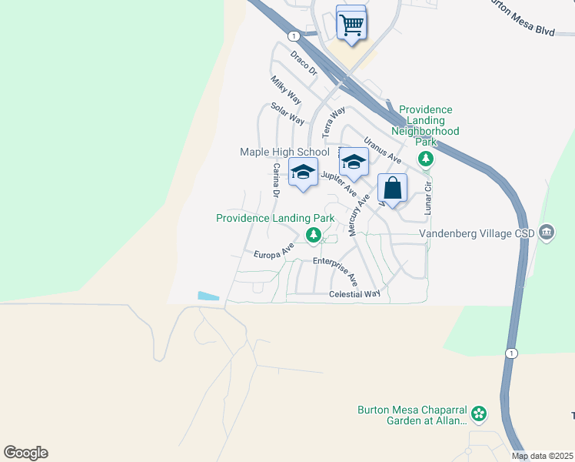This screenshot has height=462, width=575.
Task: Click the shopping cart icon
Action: point(351,24)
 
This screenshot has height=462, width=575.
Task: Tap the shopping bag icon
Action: point(392,189)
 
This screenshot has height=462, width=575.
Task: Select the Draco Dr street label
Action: point(304,62)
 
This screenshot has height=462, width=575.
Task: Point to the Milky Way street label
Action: point(285,90)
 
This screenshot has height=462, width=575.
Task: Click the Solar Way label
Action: point(287,115)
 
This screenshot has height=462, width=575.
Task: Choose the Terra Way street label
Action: point(334,122)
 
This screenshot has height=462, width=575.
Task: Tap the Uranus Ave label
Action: point(383,149)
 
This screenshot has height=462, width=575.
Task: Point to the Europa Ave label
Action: point(274,250)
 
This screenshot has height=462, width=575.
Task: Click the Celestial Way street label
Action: point(354,294)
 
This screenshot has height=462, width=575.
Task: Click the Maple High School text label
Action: point(284,152)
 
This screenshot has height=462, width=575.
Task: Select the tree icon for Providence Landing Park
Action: point(313,235)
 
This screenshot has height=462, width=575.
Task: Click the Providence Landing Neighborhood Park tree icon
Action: point(425,159)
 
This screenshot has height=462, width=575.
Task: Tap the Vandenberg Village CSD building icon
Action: point(547,232)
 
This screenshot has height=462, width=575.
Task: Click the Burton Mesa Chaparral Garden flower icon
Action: point(479,414)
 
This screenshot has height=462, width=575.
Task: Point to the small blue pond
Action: point(208,296)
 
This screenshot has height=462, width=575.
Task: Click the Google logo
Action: point(25,453)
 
